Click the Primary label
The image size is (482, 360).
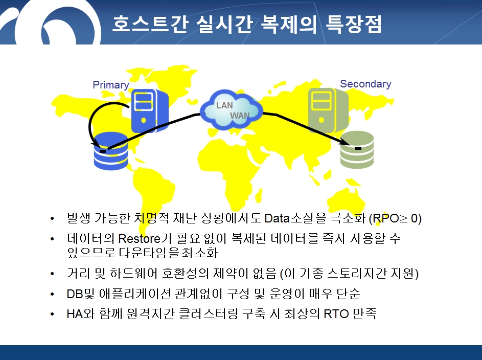click(111, 85)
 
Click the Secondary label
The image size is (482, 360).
click(365, 84)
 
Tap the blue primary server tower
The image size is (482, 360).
click(150, 110)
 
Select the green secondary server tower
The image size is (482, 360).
click(328, 110)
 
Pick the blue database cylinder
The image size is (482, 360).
click(111, 151)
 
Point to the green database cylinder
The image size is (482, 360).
click(357, 150)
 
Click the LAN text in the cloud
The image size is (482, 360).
click(224, 105)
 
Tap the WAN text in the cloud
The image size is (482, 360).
click(240, 116)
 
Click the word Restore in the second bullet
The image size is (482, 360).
click(139, 239)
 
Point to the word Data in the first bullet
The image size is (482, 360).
click(277, 218)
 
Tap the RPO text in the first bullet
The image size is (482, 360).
click(386, 218)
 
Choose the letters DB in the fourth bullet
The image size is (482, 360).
click(75, 294)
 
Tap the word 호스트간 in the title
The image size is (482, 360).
click(150, 24)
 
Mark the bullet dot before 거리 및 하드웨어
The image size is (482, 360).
click(52, 273)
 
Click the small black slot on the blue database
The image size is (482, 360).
click(103, 151)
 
